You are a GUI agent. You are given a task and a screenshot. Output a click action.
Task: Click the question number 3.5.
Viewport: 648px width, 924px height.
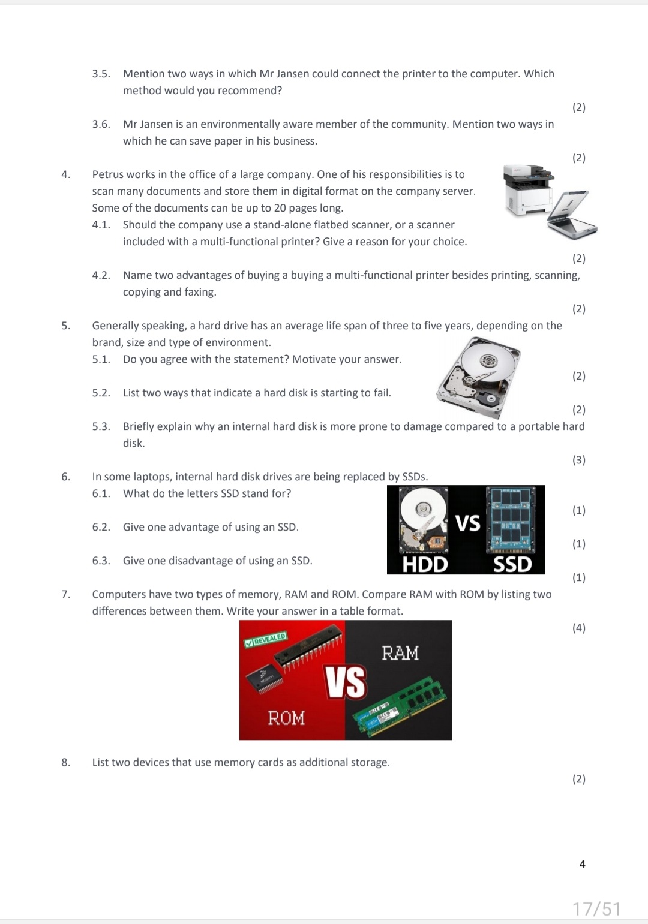point(101,74)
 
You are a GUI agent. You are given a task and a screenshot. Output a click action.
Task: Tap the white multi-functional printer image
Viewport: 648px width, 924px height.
point(529,189)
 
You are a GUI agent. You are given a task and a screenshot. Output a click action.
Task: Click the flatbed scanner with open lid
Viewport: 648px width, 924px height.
point(572,215)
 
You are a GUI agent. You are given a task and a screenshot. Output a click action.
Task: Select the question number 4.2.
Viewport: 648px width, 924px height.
point(101,276)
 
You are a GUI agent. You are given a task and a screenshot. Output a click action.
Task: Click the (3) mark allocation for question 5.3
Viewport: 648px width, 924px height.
point(578,460)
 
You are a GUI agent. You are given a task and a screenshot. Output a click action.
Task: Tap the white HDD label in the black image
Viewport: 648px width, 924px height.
point(425,564)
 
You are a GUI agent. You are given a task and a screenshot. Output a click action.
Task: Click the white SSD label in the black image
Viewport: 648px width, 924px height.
point(512,564)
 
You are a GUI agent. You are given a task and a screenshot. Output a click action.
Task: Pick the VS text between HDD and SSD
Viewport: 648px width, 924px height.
point(467,523)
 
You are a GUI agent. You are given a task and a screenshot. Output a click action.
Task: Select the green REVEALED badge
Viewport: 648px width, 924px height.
point(266,639)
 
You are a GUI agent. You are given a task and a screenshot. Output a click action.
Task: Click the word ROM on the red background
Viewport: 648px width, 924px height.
point(286,718)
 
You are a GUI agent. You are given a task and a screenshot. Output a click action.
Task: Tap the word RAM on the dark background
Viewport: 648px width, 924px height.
point(400,653)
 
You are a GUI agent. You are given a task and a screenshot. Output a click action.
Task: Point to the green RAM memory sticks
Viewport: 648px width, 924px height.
point(400,705)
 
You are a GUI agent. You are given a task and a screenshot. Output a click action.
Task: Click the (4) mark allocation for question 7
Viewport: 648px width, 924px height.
point(578,628)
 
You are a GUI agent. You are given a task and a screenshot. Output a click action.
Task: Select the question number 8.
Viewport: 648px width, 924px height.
point(65,762)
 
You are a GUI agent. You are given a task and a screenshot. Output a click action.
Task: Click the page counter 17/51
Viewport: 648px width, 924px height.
point(596,909)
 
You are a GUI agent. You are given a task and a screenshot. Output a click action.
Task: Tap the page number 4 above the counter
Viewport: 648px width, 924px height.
point(583,864)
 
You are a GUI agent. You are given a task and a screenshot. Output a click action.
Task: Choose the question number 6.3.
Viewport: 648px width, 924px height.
point(101,561)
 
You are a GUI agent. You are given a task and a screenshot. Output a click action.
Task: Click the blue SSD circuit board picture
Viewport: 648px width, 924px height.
point(511,520)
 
